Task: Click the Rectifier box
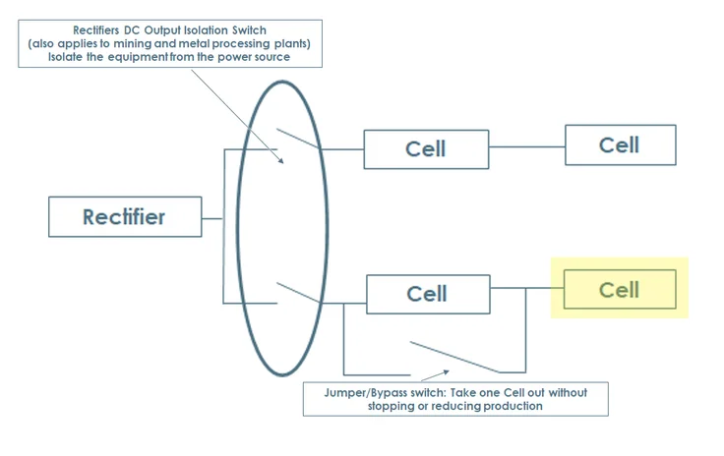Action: (125, 216)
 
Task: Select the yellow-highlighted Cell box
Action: (620, 290)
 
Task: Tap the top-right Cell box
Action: (620, 144)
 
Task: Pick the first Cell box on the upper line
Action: (426, 149)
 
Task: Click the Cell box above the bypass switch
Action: (427, 294)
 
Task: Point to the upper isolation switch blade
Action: (298, 139)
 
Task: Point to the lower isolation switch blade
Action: (298, 293)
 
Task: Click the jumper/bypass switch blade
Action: (454, 356)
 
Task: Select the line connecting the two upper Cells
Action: (526, 147)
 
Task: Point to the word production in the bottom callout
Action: (509, 405)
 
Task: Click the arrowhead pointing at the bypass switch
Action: (449, 372)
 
